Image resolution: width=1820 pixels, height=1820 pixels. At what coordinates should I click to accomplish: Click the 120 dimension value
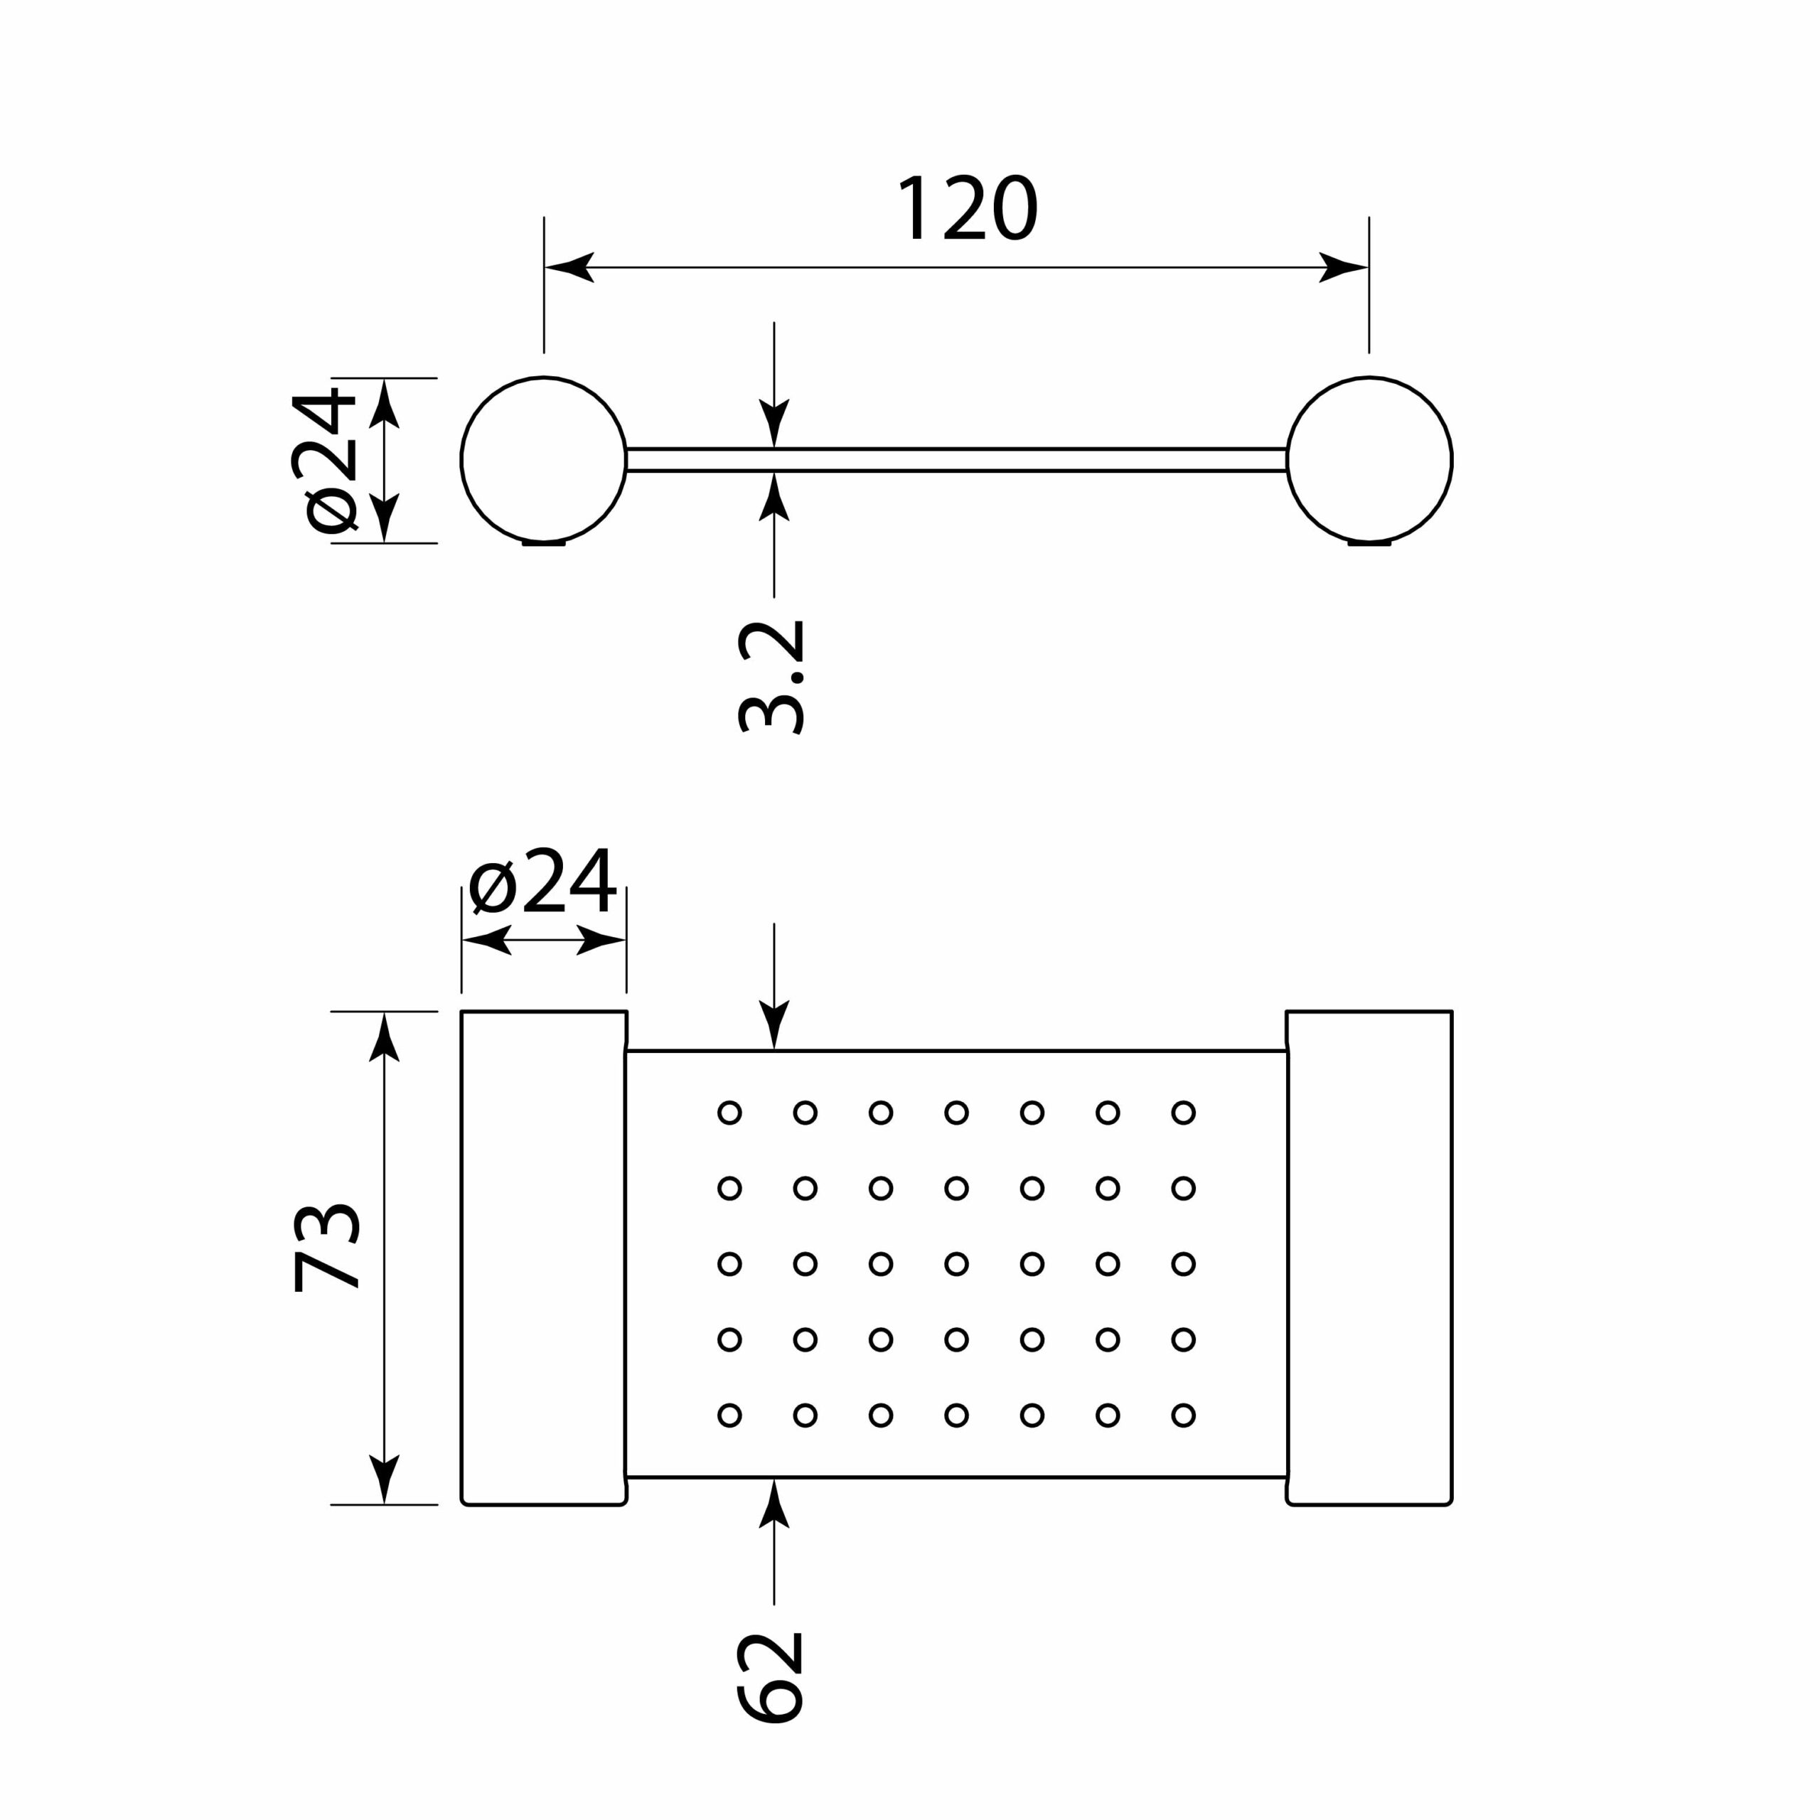click(x=967, y=208)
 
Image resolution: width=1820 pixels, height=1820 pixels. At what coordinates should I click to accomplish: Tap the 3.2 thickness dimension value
click(x=771, y=676)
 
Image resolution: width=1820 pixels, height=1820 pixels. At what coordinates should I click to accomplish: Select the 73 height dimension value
click(x=326, y=1247)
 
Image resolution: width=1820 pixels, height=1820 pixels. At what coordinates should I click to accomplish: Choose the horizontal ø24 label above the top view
click(x=542, y=881)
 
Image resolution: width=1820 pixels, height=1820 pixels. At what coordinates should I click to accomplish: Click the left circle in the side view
click(x=544, y=460)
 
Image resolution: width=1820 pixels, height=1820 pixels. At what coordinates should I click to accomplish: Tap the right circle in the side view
click(x=1369, y=460)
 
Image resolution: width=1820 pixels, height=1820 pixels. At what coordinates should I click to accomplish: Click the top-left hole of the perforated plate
click(x=730, y=1113)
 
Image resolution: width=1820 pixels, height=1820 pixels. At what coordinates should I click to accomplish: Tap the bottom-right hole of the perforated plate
click(x=1183, y=1415)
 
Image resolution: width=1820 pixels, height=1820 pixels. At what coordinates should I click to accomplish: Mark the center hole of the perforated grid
click(x=956, y=1264)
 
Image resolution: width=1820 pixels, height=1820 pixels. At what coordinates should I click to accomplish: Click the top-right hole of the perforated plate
click(x=1183, y=1113)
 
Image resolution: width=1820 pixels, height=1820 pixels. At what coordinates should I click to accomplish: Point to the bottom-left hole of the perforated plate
click(x=730, y=1415)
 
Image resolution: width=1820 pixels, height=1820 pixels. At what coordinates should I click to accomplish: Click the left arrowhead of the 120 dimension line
click(x=568, y=267)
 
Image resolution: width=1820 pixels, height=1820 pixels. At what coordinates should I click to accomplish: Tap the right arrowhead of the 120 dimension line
click(x=1344, y=267)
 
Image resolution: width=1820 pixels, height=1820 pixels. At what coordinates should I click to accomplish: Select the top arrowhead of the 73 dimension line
click(x=385, y=1037)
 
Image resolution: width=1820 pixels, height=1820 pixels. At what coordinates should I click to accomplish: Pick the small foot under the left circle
click(x=544, y=544)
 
